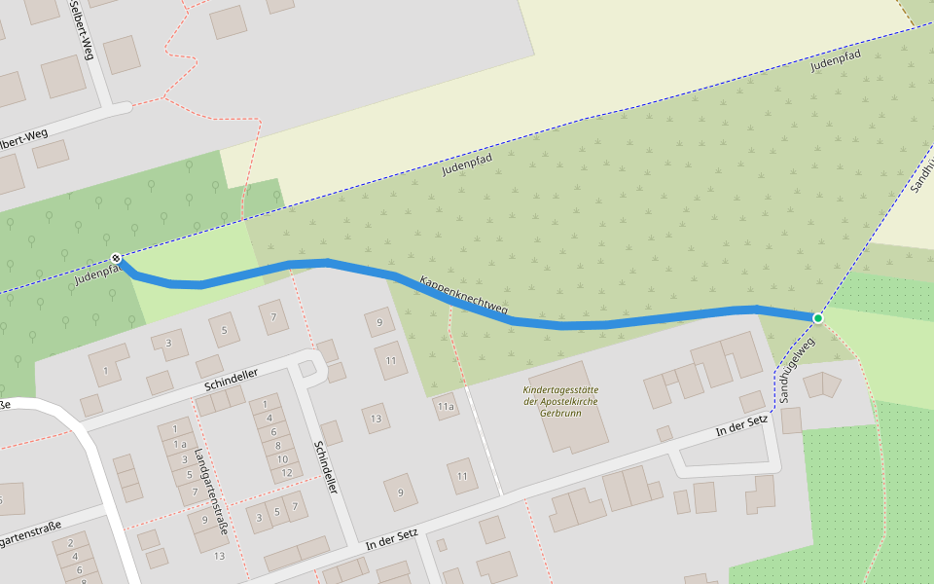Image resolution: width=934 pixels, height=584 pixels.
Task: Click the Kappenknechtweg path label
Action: tap(464, 296)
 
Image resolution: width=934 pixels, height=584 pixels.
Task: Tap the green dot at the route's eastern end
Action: tap(818, 318)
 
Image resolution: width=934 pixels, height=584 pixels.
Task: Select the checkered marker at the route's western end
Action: tap(117, 258)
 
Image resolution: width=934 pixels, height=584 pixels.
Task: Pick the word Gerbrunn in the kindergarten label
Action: tap(559, 413)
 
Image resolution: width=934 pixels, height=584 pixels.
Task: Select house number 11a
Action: tap(446, 406)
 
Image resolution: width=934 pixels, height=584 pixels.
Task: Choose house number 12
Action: tap(286, 473)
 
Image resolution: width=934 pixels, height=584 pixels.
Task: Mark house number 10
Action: tap(282, 459)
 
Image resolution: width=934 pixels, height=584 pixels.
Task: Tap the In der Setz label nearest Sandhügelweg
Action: tap(741, 424)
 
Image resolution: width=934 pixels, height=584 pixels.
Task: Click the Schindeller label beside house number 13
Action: tap(325, 466)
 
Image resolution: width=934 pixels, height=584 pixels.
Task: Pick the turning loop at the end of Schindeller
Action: tap(312, 366)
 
